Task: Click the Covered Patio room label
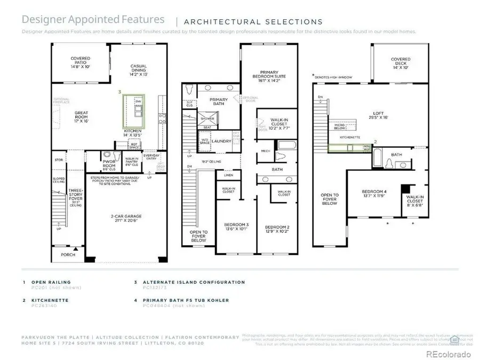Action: (x=81, y=62)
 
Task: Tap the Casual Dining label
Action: (x=139, y=70)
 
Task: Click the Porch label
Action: (x=68, y=254)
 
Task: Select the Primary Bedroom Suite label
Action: (x=270, y=76)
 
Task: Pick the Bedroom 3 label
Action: (x=236, y=227)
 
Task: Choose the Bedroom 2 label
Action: (x=276, y=228)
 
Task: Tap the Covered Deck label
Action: (x=400, y=63)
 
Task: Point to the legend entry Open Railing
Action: (x=51, y=282)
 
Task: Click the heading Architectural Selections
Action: (x=253, y=22)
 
